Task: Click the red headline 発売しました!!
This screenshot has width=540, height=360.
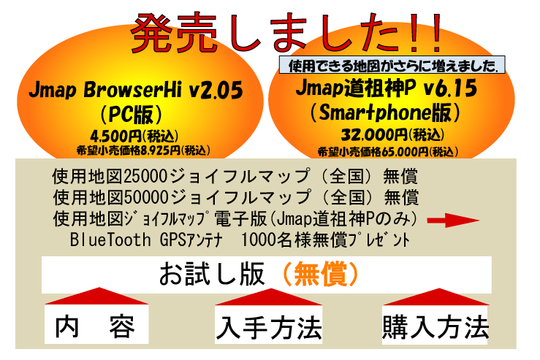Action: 286,33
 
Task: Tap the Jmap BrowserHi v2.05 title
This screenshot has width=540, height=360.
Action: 136,90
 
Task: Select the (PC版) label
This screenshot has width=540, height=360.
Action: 132,114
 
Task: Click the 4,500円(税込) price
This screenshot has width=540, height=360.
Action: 134,137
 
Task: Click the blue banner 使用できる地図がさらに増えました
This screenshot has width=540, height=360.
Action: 392,65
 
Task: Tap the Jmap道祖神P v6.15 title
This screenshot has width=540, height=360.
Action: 387,88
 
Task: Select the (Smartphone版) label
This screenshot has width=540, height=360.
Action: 385,112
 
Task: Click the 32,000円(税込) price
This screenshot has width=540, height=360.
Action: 392,134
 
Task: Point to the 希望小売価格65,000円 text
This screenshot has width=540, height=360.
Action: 373,152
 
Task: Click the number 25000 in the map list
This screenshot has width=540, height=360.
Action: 146,177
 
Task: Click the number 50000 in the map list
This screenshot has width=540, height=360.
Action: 146,198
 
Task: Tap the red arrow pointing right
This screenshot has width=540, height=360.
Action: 453,221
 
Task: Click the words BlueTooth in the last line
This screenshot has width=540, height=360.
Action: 110,240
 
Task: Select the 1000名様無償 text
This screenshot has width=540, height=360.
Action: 294,240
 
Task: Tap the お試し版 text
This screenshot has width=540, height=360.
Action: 211,275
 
